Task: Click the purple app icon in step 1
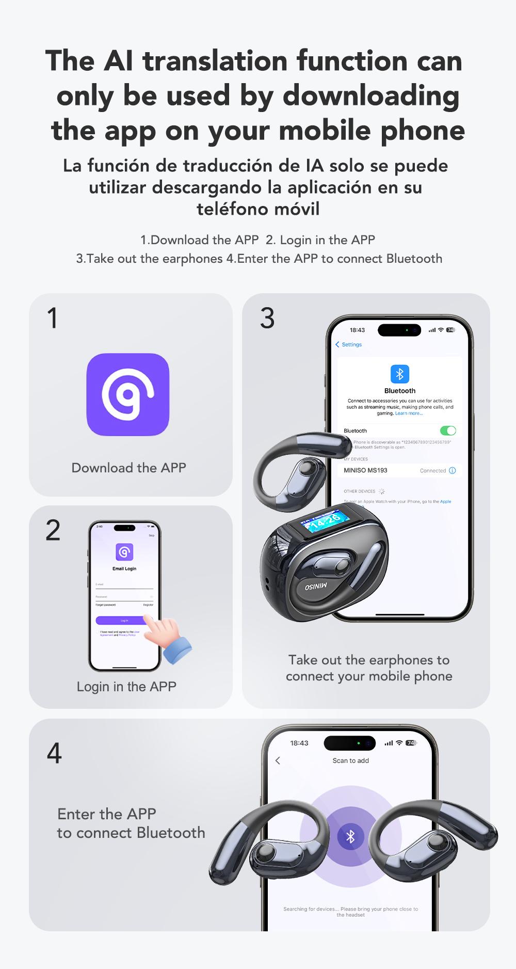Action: click(127, 394)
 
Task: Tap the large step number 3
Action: click(267, 318)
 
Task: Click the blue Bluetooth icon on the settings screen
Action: click(399, 374)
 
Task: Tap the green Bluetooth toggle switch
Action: click(447, 431)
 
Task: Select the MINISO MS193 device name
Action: click(365, 470)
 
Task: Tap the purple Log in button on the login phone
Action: click(124, 621)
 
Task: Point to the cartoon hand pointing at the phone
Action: click(166, 638)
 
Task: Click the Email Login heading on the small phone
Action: click(124, 568)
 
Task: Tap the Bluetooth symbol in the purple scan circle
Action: click(350, 836)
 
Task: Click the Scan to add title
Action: click(350, 760)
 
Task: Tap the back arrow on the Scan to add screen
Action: click(278, 760)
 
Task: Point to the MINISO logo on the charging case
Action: click(316, 586)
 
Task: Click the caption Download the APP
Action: click(128, 468)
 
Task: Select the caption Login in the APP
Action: click(126, 687)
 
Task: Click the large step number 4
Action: click(54, 753)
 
